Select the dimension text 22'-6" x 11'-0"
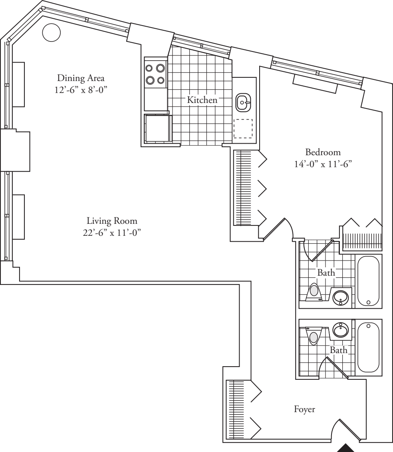[112, 233]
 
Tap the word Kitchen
[202, 100]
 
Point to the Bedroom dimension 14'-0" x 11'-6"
[323, 164]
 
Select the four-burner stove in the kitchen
[156, 74]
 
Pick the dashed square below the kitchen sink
[243, 128]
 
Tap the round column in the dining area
[51, 32]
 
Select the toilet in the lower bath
[314, 335]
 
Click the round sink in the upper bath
[341, 296]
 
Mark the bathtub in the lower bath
[369, 347]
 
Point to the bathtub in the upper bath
[369, 281]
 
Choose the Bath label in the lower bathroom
[338, 350]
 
